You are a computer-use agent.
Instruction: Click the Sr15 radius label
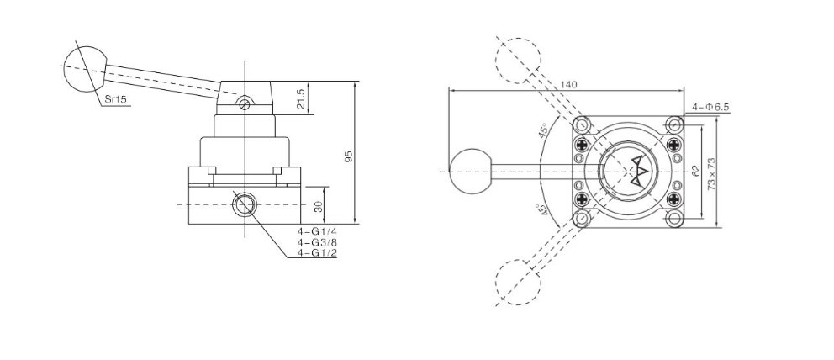(x=116, y=99)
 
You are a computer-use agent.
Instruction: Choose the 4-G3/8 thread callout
(x=317, y=242)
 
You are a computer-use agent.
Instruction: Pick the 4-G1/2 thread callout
(x=317, y=252)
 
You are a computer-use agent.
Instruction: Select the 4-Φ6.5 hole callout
(x=711, y=108)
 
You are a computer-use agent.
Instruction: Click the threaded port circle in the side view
(x=245, y=204)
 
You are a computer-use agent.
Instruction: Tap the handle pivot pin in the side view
(x=244, y=104)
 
